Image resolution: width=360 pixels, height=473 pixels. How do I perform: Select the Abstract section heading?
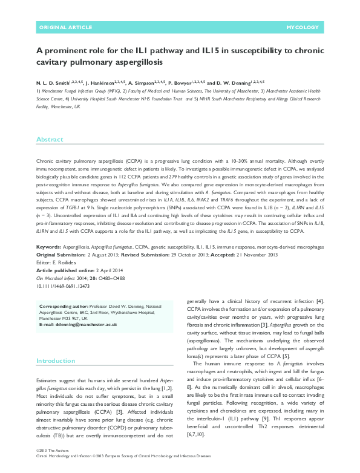[50, 139]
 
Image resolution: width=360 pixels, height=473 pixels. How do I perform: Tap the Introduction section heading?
[56, 360]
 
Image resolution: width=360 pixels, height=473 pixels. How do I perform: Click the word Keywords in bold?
[48, 247]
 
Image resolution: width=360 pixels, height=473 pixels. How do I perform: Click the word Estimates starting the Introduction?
[48, 379]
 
